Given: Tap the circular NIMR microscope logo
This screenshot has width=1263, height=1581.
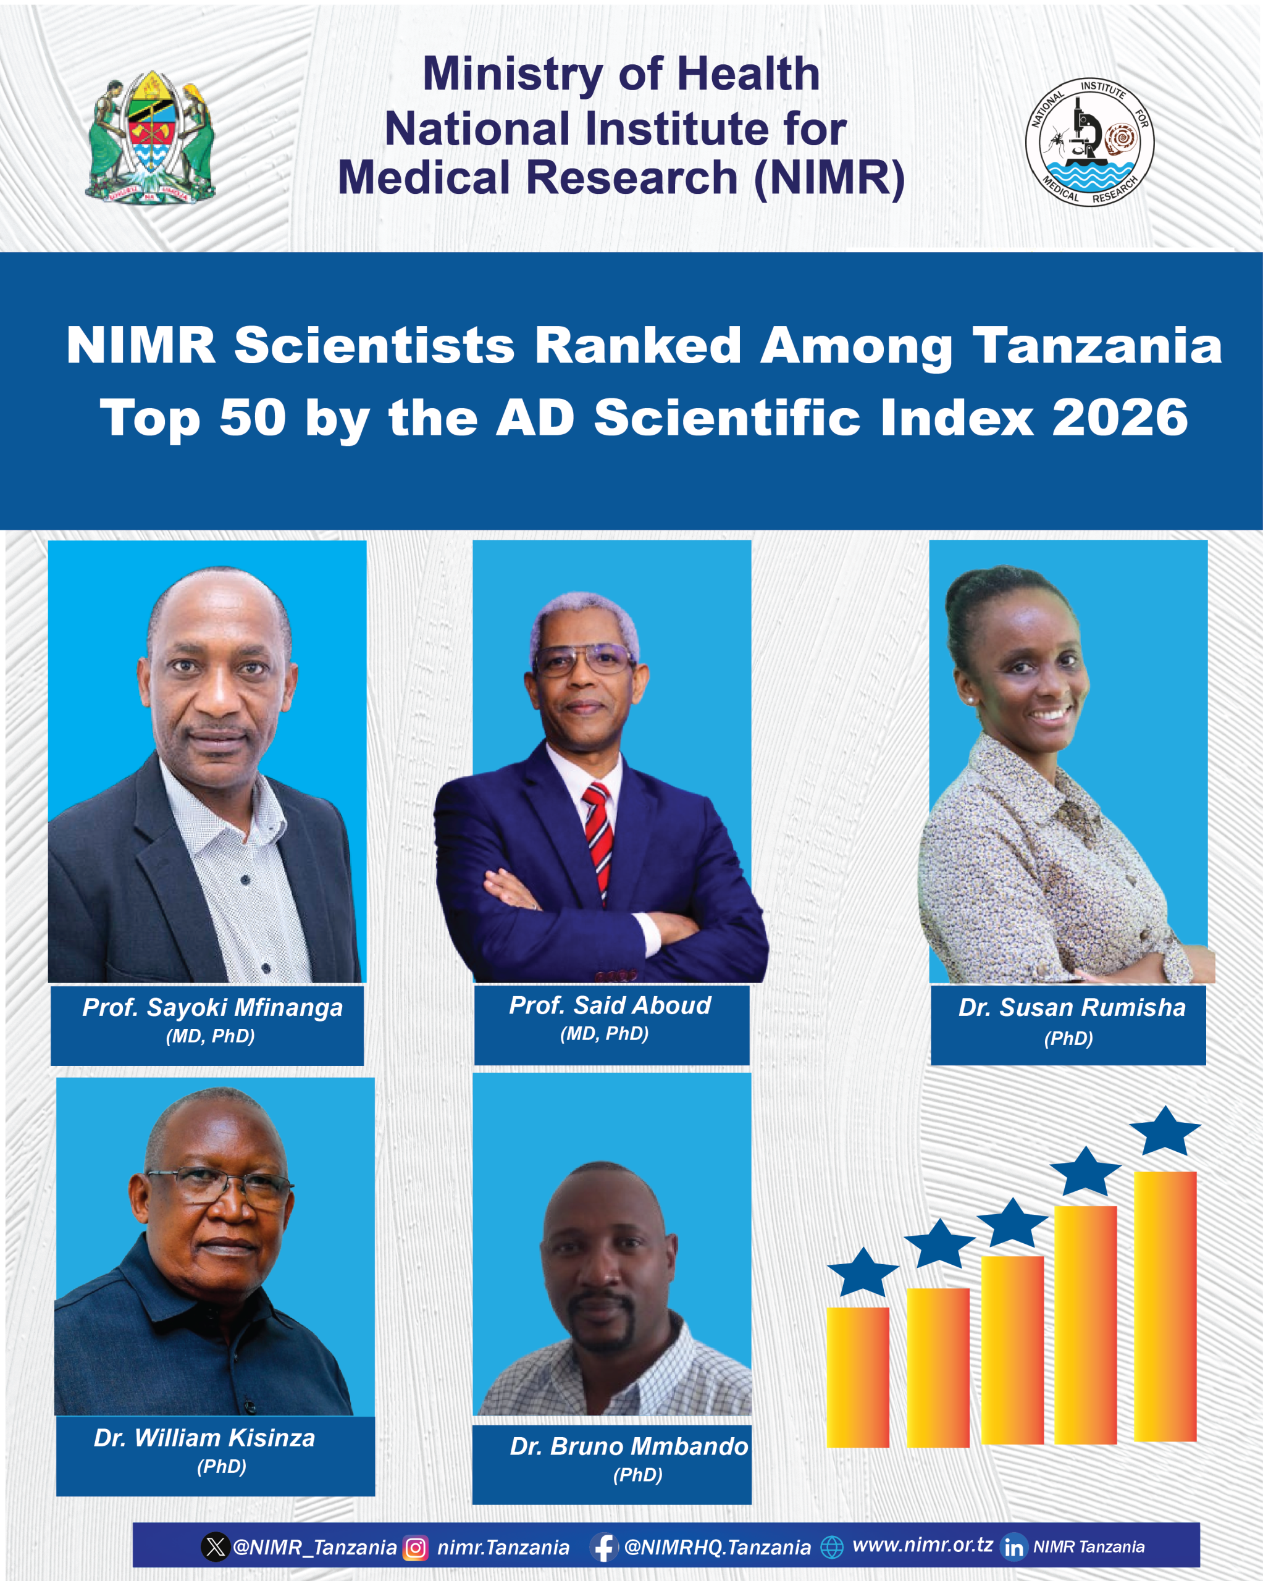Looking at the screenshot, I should pyautogui.click(x=1089, y=141).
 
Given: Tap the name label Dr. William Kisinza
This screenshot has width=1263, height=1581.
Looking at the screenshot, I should pyautogui.click(x=204, y=1438).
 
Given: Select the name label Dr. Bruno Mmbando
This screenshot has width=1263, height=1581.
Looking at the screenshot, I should pyautogui.click(x=629, y=1446).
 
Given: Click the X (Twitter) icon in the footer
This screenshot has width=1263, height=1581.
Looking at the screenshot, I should pyautogui.click(x=215, y=1547).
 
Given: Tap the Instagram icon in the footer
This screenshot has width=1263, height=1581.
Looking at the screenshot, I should pyautogui.click(x=415, y=1547).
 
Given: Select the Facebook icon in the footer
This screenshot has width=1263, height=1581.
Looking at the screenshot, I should pyautogui.click(x=603, y=1547).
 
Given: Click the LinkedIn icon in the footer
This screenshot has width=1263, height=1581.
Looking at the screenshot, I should pyautogui.click(x=1013, y=1547).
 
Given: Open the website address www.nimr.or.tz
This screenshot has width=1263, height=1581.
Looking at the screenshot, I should pyautogui.click(x=922, y=1545).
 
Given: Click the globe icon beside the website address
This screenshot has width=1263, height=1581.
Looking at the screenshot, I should pyautogui.click(x=832, y=1547).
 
